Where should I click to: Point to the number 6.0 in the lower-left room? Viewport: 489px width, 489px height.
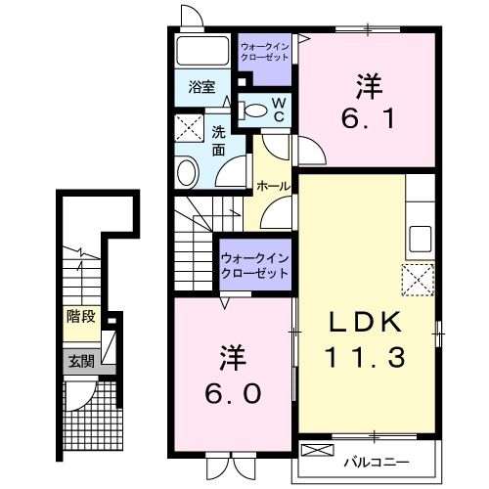coord(232,392)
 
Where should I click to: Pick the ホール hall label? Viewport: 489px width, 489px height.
coord(272,185)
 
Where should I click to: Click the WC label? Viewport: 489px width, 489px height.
coord(278,109)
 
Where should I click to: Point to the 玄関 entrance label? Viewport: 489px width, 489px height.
coord(80,360)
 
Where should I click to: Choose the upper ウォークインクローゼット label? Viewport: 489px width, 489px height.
coord(265,50)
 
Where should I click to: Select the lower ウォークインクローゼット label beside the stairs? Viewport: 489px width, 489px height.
coord(254,264)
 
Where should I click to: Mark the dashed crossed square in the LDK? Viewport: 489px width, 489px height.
coord(418,280)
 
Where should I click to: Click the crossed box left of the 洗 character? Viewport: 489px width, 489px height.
coord(187,129)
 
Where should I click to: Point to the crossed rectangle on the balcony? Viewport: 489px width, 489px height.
coord(319,452)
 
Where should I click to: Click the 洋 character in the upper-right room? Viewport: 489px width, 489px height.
coord(368,86)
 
